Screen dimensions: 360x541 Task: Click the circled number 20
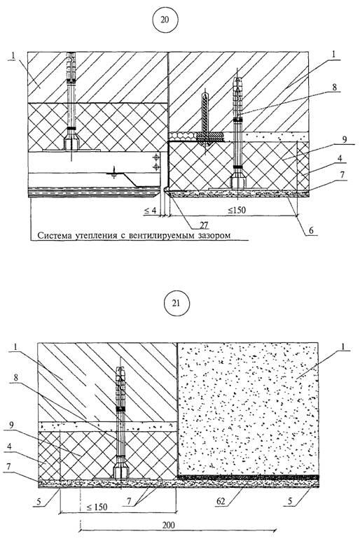(165, 20)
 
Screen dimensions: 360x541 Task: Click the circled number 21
(176, 303)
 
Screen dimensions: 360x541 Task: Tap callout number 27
(204, 225)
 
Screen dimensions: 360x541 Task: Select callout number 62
(221, 500)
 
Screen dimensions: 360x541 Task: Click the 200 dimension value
(168, 525)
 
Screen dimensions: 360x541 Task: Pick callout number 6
(311, 230)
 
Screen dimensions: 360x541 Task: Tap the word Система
(53, 236)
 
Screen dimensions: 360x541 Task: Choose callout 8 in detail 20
(334, 87)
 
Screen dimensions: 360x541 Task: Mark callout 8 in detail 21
(15, 378)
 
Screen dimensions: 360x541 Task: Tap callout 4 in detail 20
(340, 158)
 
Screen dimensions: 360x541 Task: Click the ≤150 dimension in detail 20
(237, 209)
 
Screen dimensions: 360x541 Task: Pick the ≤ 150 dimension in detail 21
(97, 507)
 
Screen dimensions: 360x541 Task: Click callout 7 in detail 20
(342, 175)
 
